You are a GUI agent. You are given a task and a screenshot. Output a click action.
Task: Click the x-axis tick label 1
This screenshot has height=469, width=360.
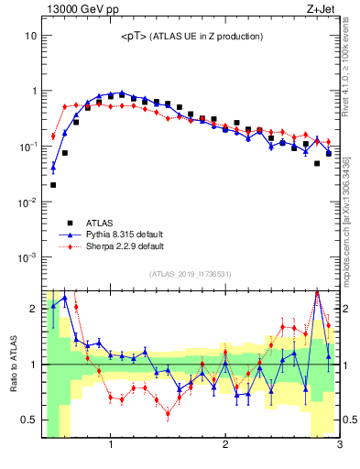pyautogui.click(x=111, y=446)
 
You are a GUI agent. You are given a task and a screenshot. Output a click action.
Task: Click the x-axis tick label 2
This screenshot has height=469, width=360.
pyautogui.click(x=225, y=446)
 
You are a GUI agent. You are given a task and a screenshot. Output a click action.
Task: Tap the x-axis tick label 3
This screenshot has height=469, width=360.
pyautogui.click(x=339, y=446)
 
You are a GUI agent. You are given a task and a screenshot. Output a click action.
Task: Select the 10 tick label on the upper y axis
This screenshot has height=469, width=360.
pyautogui.click(x=30, y=36)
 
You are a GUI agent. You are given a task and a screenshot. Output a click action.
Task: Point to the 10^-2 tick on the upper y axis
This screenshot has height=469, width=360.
pyautogui.click(x=27, y=202)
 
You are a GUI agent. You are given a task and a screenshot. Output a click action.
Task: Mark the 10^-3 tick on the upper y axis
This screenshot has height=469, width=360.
pyautogui.click(x=27, y=257)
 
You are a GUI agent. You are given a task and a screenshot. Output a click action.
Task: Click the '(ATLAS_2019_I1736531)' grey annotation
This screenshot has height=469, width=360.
pyautogui.click(x=191, y=275)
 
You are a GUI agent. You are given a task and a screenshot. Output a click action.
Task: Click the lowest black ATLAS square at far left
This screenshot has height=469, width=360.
pyautogui.click(x=53, y=185)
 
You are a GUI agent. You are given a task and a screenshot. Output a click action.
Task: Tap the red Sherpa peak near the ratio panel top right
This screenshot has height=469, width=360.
pyautogui.click(x=317, y=293)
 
